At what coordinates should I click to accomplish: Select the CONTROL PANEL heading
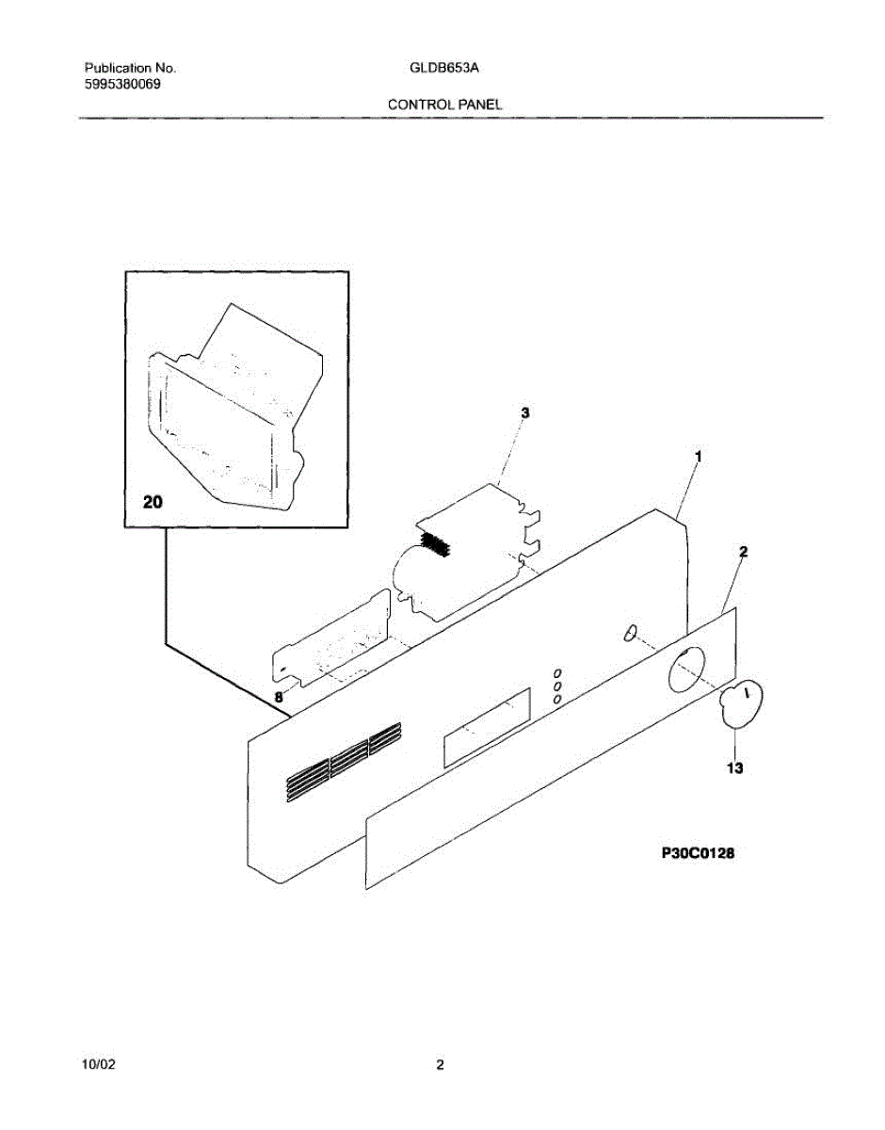pyautogui.click(x=444, y=105)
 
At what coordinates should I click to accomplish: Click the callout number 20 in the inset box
pyautogui.click(x=153, y=504)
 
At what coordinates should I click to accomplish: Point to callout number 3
pyautogui.click(x=524, y=413)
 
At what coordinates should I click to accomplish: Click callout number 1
pyautogui.click(x=698, y=456)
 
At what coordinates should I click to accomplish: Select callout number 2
pyautogui.click(x=743, y=552)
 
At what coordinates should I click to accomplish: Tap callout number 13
pyautogui.click(x=734, y=768)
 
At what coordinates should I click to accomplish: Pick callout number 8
pyautogui.click(x=279, y=698)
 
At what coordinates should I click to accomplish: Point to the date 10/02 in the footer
pyautogui.click(x=100, y=1065)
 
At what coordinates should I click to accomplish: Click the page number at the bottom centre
pyautogui.click(x=440, y=1065)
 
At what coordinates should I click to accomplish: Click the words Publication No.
pyautogui.click(x=130, y=69)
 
